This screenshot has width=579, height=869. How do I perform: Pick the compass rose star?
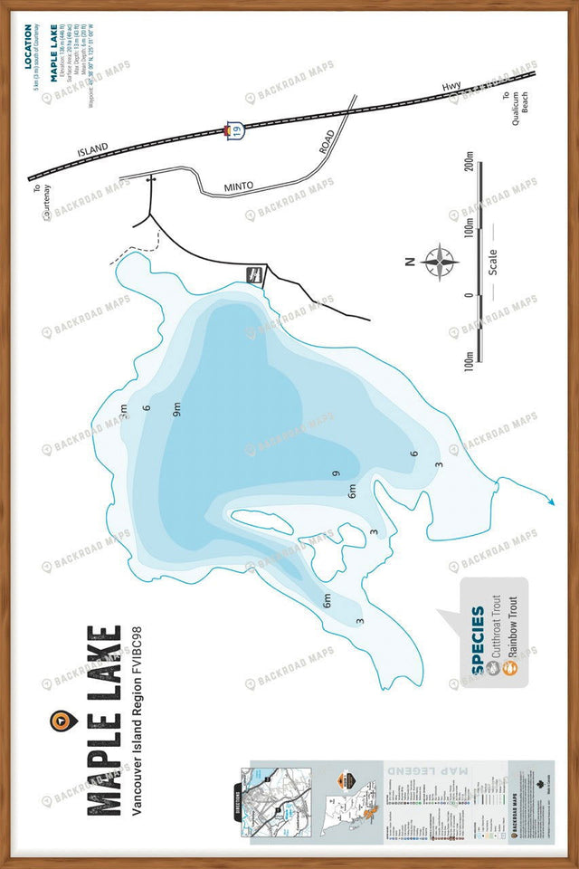[x=439, y=262]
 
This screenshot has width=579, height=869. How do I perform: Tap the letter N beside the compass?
[x=410, y=262]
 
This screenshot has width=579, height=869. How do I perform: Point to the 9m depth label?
[x=177, y=408]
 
